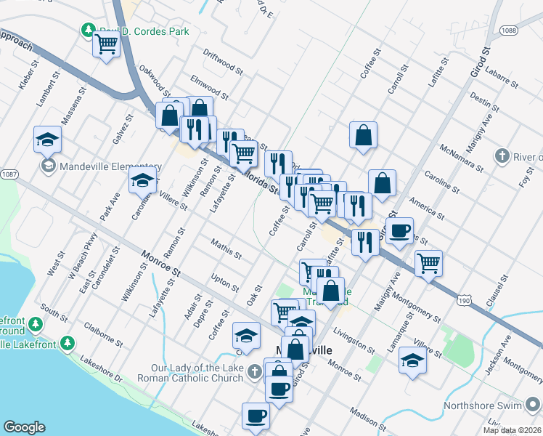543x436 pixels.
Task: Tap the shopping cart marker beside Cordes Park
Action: click(107, 46)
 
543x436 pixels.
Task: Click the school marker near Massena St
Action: click(47, 139)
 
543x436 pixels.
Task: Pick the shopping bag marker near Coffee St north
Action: click(363, 135)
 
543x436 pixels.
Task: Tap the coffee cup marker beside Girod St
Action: click(399, 231)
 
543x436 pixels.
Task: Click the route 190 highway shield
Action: click(465, 299)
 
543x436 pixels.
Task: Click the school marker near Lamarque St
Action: click(412, 360)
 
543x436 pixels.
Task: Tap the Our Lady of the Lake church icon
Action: click(253, 372)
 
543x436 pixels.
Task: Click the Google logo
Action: click(24, 427)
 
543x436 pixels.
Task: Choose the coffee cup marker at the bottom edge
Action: click(256, 416)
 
